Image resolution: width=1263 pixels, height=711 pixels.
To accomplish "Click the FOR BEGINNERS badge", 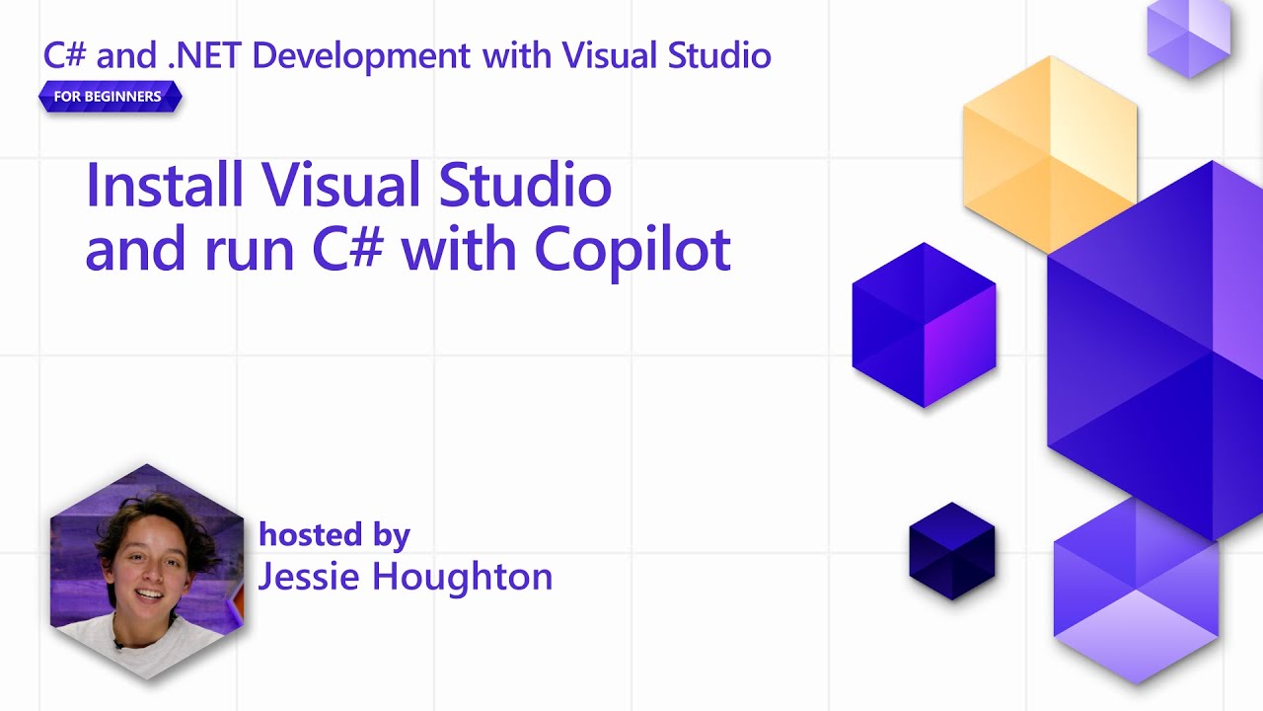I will pos(109,97).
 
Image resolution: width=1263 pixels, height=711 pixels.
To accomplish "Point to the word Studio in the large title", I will pos(525,185).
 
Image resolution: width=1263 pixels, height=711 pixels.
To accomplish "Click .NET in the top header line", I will pos(204,55).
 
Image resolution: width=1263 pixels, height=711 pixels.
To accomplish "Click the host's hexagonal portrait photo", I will pos(146,573).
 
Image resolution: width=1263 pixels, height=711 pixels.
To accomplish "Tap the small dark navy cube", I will pos(951,551).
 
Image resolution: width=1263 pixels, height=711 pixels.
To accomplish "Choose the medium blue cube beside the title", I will pos(924,324).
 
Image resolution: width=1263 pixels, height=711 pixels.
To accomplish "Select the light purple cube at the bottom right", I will pos(1135,592).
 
